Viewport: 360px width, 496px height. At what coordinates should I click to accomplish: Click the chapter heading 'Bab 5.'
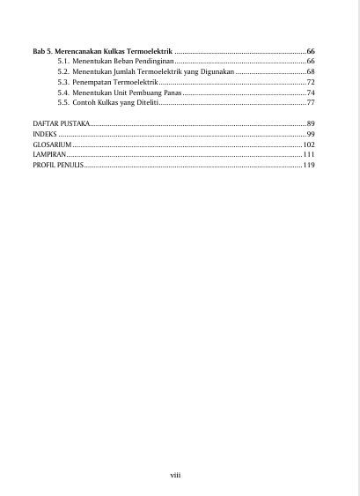click(x=42, y=53)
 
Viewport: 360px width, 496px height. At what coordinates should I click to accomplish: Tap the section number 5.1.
click(x=63, y=63)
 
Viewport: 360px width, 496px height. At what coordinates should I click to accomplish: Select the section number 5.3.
click(x=63, y=82)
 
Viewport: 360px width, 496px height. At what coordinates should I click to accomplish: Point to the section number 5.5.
click(x=63, y=102)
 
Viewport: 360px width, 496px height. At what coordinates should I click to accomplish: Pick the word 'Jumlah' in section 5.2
click(x=127, y=72)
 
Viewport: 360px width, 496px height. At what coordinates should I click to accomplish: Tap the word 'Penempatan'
click(x=92, y=82)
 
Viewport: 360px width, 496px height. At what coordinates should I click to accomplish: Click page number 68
click(x=311, y=72)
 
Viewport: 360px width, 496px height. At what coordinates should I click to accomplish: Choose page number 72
click(x=311, y=82)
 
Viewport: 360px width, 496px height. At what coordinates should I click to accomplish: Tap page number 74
click(x=311, y=93)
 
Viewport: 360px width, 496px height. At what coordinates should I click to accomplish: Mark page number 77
click(x=311, y=102)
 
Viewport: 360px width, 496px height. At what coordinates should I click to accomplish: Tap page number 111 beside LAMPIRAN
click(x=309, y=154)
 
